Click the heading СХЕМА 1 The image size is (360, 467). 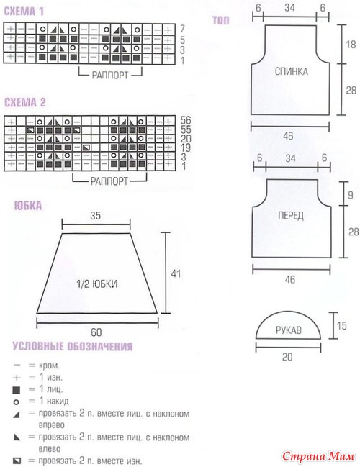[x=24, y=12]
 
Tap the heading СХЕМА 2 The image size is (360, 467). [x=24, y=102]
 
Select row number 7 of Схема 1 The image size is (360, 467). [x=182, y=29]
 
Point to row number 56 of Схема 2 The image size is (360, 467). [x=186, y=120]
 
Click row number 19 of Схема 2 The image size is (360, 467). [x=185, y=148]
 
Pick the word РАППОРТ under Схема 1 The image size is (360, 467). [x=110, y=75]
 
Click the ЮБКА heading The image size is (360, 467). [x=28, y=206]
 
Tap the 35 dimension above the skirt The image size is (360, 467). [x=95, y=216]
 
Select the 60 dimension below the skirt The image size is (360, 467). [x=96, y=332]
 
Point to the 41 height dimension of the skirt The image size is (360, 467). [x=176, y=273]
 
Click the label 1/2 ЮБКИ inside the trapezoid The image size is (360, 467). [x=97, y=284]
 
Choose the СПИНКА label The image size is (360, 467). [x=291, y=71]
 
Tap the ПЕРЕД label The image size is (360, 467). [x=291, y=215]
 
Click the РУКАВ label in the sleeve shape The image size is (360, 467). [x=289, y=330]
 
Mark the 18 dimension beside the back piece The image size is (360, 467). [x=351, y=45]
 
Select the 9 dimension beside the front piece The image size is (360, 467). [x=351, y=195]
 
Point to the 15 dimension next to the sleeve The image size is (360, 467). [x=342, y=325]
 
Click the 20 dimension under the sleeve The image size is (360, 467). [x=287, y=357]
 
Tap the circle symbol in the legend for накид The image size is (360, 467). [x=17, y=402]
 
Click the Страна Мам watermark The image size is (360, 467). [x=318, y=456]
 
